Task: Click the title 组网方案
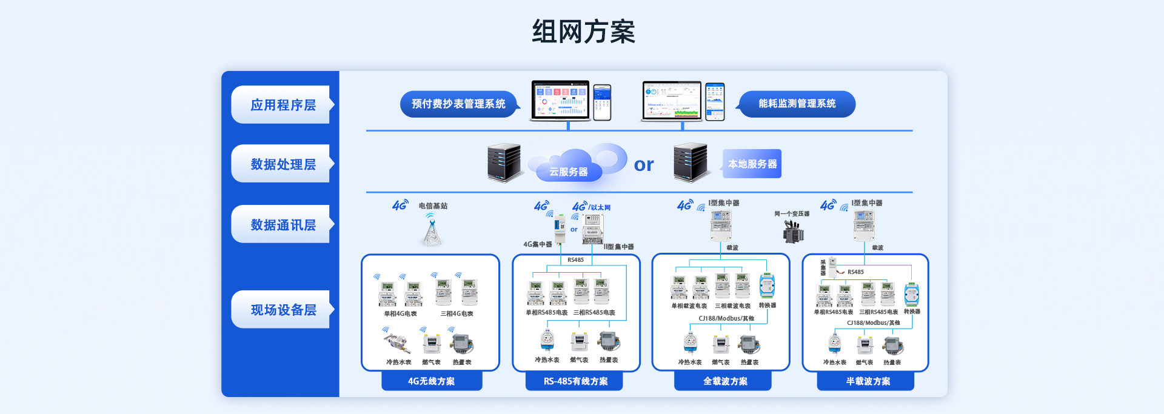pos(583,32)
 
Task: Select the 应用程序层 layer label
pos(283,105)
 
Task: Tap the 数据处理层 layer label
pos(283,164)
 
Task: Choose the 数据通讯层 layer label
pos(283,225)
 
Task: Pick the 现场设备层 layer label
pos(283,310)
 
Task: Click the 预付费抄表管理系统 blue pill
pos(458,104)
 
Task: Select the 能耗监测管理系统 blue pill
pos(797,104)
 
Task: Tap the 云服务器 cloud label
pos(568,172)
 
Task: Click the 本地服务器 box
pos(752,164)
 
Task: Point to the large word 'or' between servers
pos(644,165)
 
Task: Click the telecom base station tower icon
pos(431,230)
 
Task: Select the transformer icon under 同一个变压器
pos(793,231)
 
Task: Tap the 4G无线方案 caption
pos(431,381)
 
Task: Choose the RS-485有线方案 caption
pos(575,381)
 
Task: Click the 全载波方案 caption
pos(724,381)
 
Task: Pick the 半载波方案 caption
pos(868,381)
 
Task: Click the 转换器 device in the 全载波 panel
pos(767,286)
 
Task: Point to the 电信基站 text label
pos(433,206)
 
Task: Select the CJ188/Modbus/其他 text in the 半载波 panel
pos(873,323)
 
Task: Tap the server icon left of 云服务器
pos(504,162)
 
